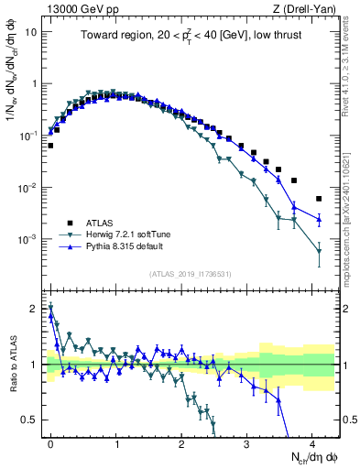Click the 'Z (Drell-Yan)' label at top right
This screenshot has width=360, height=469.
click(303, 8)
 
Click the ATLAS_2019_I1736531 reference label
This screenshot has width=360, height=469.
click(191, 274)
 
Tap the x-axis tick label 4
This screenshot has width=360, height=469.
click(312, 442)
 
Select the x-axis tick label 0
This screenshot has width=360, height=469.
click(50, 442)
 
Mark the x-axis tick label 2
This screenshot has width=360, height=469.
click(181, 442)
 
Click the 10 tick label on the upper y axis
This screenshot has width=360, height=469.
click(31, 31)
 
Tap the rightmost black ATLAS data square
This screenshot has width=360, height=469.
click(319, 199)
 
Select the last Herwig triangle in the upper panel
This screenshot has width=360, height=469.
click(319, 251)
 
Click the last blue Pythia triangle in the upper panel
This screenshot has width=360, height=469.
click(319, 218)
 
